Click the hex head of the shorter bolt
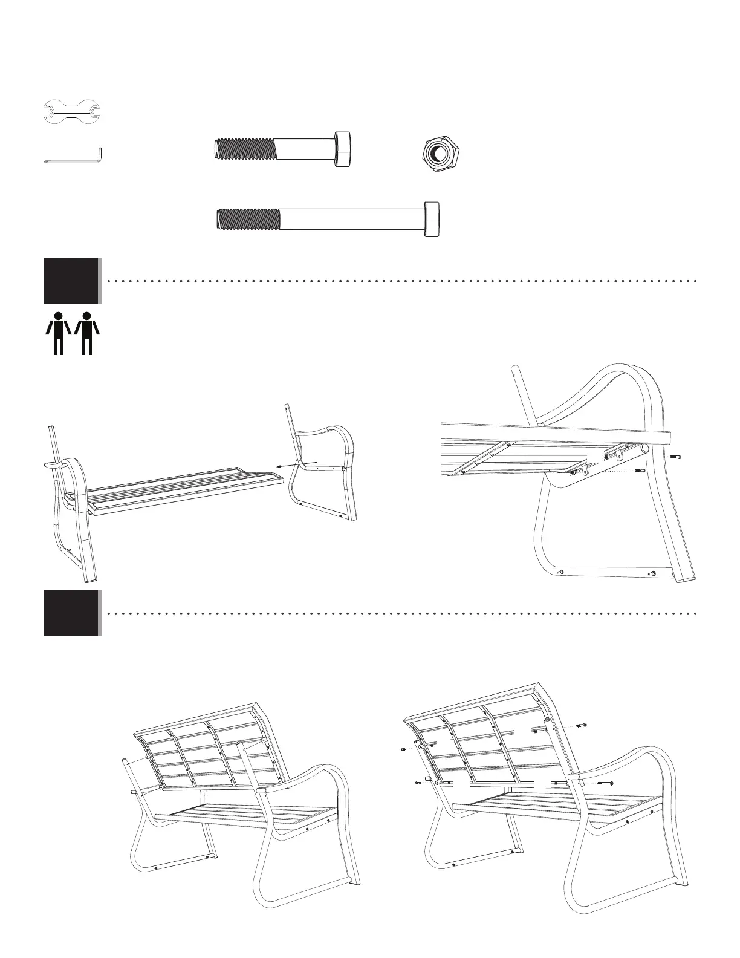(343, 148)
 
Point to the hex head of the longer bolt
(432, 219)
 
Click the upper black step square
(71, 280)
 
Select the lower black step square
(71, 613)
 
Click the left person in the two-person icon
(59, 332)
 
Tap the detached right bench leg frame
(320, 478)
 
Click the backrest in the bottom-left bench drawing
(206, 750)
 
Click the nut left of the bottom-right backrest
(403, 750)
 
